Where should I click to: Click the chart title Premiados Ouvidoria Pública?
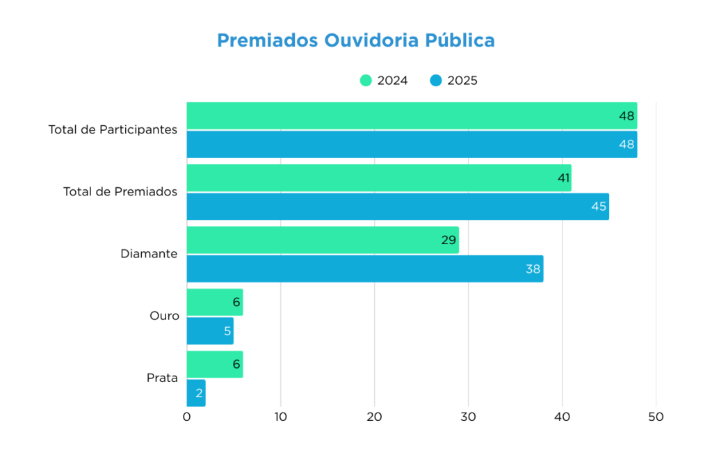(x=355, y=40)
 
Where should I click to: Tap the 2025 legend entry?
(x=453, y=80)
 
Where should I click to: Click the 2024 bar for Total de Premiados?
(x=378, y=178)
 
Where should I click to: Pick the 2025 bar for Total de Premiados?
(x=397, y=207)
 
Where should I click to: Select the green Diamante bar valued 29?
(x=322, y=240)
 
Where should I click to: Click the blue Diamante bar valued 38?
(x=364, y=269)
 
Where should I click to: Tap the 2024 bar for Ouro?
(x=214, y=302)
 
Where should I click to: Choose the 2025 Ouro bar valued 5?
(x=209, y=331)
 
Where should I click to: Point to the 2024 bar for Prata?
(x=214, y=364)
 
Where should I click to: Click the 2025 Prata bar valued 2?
(x=195, y=393)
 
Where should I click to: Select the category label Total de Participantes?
(x=113, y=129)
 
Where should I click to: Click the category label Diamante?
(x=149, y=254)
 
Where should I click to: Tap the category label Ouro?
(x=164, y=316)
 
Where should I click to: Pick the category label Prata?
(x=162, y=378)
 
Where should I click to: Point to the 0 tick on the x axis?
(x=186, y=417)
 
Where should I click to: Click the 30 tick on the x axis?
(x=468, y=417)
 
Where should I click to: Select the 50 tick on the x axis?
(x=656, y=417)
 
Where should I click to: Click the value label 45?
(x=599, y=207)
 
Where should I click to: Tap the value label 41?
(x=563, y=178)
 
